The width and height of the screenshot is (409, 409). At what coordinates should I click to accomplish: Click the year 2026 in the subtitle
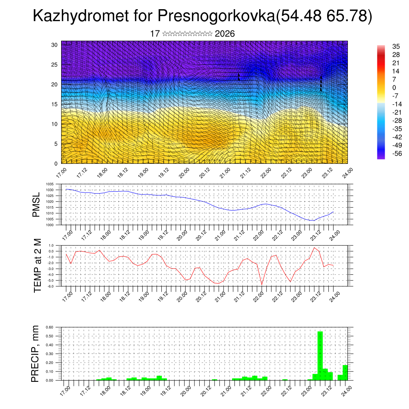[x=224, y=34]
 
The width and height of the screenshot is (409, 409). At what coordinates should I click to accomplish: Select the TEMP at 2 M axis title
[x=37, y=266]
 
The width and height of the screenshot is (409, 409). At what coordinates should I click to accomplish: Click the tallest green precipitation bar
[x=320, y=355]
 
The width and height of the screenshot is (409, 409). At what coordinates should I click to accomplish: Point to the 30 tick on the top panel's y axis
[x=55, y=45]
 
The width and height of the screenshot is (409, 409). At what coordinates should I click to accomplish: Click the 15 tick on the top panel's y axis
[x=55, y=104]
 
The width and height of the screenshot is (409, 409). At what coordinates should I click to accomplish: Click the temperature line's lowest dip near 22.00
[x=262, y=284]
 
